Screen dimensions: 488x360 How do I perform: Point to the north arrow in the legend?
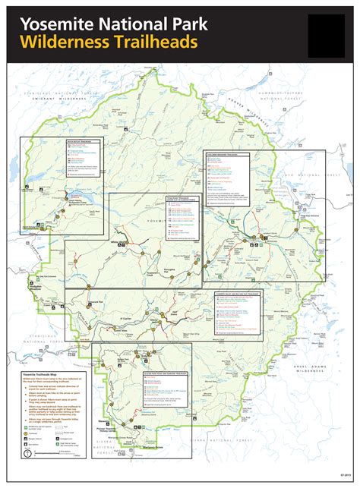28,453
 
